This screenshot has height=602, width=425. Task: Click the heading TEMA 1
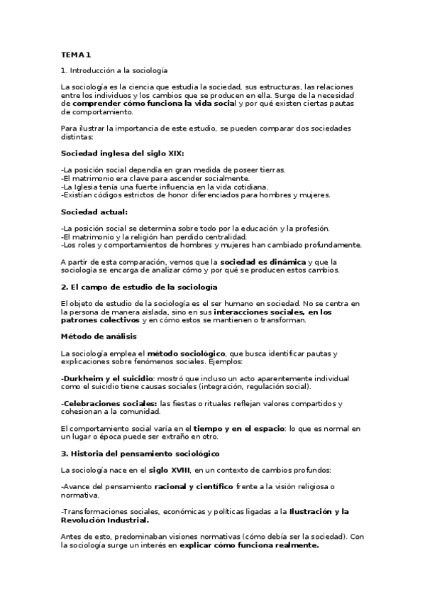click(76, 55)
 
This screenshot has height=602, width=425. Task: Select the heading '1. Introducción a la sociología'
click(114, 70)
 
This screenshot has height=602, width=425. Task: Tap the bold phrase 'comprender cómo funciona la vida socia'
click(136, 103)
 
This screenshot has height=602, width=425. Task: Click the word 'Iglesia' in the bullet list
click(87, 186)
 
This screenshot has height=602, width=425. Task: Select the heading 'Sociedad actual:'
click(94, 211)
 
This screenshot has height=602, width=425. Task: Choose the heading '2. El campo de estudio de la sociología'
click(139, 286)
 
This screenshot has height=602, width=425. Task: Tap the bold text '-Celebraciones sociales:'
click(109, 403)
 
